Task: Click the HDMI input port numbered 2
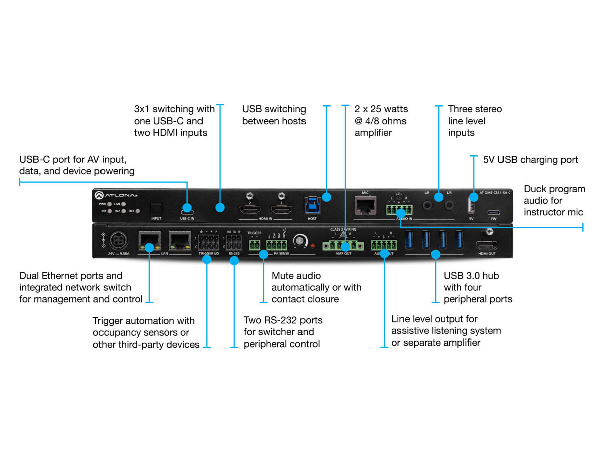(249, 210)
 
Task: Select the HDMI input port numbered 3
(281, 210)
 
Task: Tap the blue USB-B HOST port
(312, 206)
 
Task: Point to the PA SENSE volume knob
(300, 242)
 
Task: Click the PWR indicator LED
(110, 204)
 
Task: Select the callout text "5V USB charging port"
(531, 160)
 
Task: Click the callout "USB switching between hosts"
(274, 115)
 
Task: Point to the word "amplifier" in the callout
(373, 133)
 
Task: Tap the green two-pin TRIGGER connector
(254, 245)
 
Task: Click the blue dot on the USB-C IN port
(187, 207)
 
